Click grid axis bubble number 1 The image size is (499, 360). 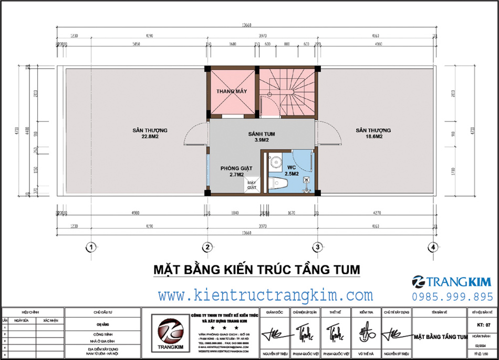click(91, 246)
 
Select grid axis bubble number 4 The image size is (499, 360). click(432, 246)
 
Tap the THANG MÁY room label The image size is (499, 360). click(232, 91)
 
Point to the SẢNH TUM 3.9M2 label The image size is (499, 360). click(262, 137)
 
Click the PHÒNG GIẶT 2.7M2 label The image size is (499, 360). click(236, 171)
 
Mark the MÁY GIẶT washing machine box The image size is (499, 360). click(251, 184)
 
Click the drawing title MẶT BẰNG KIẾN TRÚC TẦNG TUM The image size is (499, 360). click(256, 270)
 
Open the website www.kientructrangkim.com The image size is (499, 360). click(265, 295)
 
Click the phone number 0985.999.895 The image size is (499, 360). click(452, 297)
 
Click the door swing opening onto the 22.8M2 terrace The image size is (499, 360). click(194, 132)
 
